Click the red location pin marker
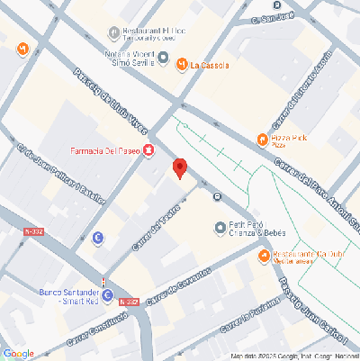click(x=179, y=168)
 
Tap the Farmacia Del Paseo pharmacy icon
click(x=148, y=149)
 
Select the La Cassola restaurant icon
click(x=181, y=64)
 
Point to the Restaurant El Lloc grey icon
click(x=113, y=33)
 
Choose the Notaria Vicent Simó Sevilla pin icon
click(x=163, y=57)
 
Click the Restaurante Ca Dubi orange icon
click(x=263, y=257)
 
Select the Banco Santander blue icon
click(x=107, y=295)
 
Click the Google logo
click(x=19, y=353)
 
